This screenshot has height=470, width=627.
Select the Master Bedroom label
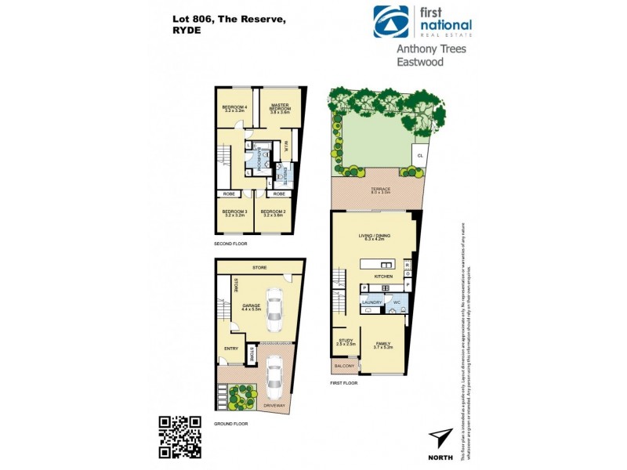point(281,107)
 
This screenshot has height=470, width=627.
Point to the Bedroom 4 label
point(234,108)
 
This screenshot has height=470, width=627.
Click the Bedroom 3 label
point(234,211)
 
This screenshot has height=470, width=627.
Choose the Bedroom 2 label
point(273,211)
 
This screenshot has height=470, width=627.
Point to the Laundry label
point(371,302)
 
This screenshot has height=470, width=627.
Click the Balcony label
point(343,365)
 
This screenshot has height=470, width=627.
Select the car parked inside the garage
point(274,312)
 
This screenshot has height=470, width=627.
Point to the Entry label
point(231,349)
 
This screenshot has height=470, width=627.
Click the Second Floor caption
point(232,244)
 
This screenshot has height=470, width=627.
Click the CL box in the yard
point(420,155)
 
